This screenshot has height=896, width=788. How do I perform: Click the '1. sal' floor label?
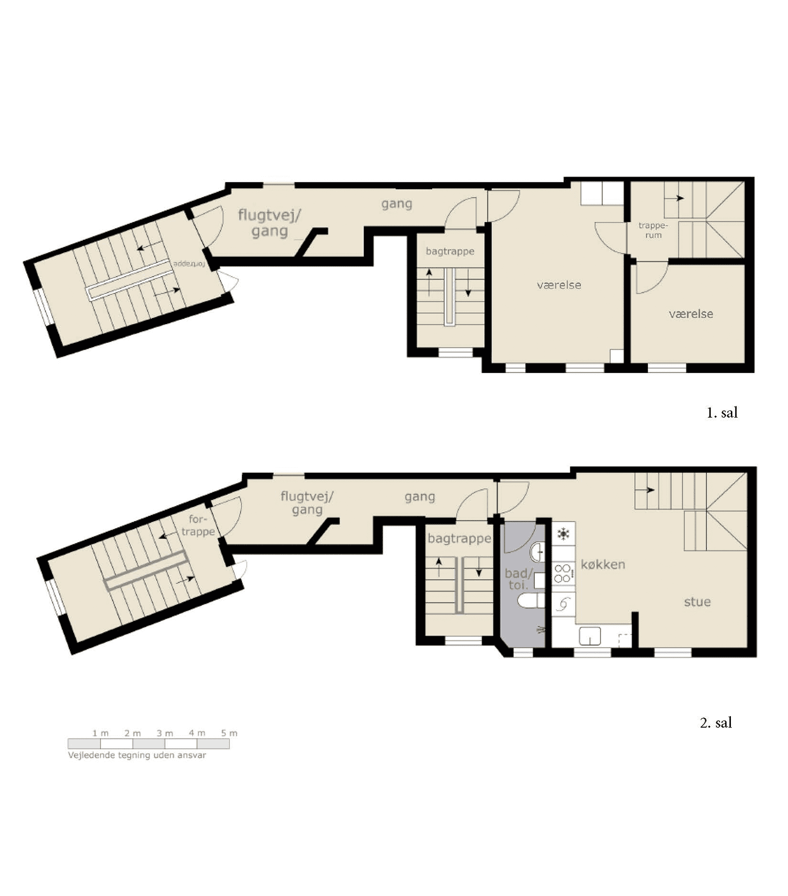click(722, 413)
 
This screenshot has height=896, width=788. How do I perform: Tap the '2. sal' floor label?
click(716, 723)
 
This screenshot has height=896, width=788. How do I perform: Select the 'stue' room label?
click(697, 601)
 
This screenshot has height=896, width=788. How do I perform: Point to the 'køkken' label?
click(603, 564)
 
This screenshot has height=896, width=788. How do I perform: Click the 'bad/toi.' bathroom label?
click(519, 579)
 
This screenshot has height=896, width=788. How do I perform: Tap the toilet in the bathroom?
click(531, 601)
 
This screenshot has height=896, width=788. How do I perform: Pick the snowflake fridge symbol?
click(563, 533)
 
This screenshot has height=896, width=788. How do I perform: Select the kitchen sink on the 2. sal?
click(590, 636)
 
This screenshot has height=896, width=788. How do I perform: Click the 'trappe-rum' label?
click(653, 230)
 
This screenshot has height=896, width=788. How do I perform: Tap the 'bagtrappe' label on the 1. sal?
click(450, 251)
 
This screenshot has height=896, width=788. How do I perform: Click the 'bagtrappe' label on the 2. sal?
click(459, 538)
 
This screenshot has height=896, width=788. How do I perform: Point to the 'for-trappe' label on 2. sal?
click(198, 525)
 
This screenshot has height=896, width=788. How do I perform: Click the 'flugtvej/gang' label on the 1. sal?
click(269, 223)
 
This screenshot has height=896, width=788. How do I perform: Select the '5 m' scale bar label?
click(229, 733)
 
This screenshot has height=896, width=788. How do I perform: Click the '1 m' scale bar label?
click(100, 733)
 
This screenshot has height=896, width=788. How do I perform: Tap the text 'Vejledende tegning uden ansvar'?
click(137, 755)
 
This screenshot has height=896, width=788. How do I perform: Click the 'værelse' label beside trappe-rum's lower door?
click(690, 314)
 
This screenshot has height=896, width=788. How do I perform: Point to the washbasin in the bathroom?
click(538, 552)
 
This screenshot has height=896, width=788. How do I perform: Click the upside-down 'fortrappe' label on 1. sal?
click(189, 264)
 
